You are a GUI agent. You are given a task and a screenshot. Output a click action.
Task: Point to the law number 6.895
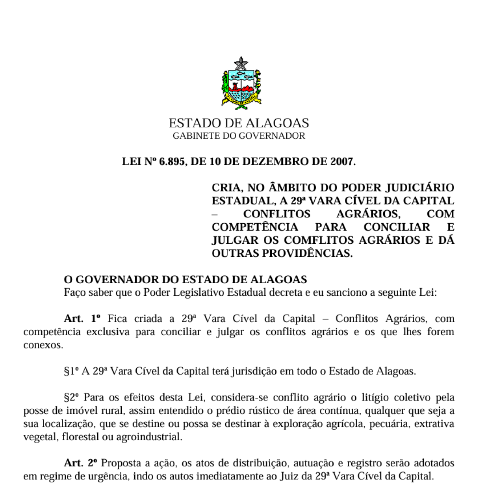click(172, 161)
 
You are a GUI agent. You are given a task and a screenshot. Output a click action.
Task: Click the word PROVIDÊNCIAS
click(307, 253)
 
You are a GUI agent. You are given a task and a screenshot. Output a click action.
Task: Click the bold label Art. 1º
click(82, 318)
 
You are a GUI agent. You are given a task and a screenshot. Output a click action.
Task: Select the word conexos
click(43, 345)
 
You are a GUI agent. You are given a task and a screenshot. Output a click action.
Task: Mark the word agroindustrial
click(149, 437)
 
